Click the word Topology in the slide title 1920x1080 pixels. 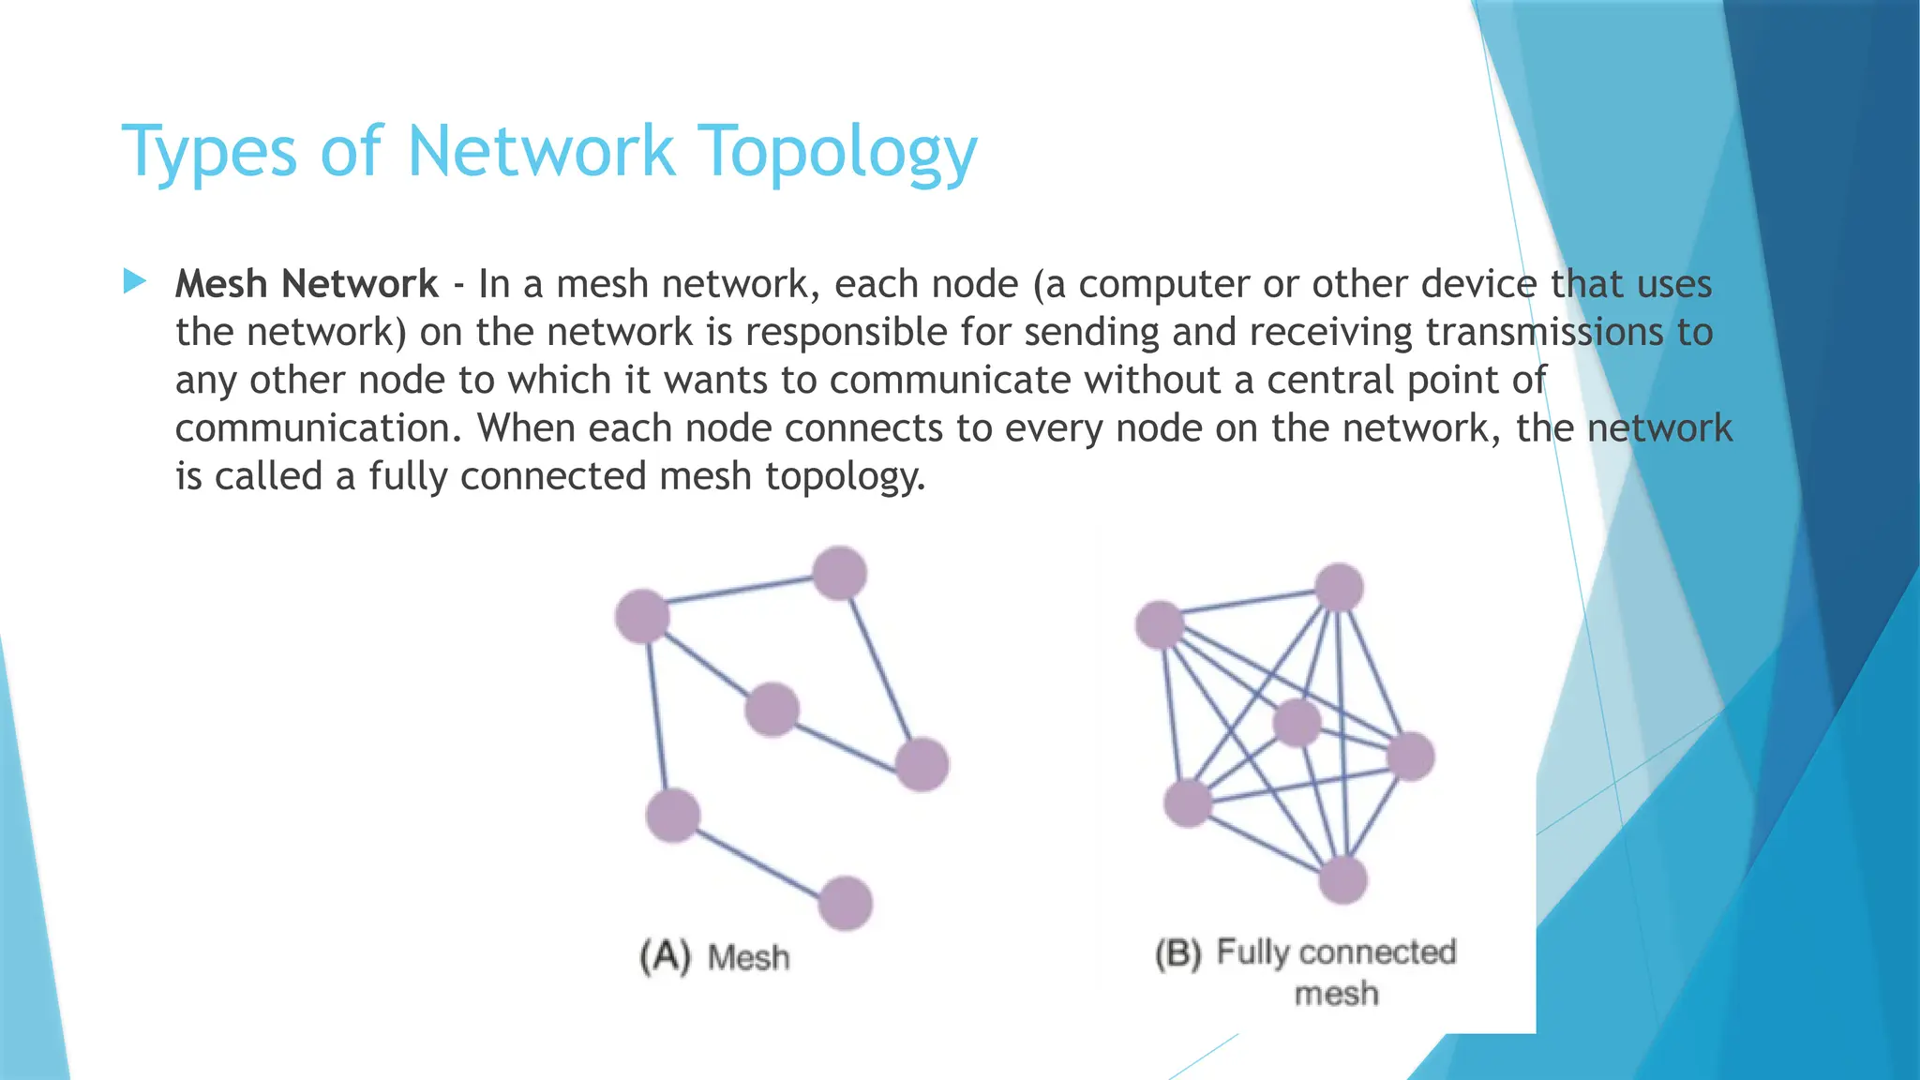(838, 152)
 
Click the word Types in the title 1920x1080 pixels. (209, 152)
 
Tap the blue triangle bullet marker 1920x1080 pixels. (135, 281)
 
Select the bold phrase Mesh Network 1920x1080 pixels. (307, 284)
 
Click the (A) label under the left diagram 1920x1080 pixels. (665, 956)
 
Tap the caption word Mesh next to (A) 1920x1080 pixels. (748, 958)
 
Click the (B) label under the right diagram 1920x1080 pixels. (1177, 953)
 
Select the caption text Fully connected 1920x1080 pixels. (1336, 952)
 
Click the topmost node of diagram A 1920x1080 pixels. (838, 573)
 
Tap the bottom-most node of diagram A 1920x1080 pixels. (846, 903)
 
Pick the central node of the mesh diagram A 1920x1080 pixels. (772, 709)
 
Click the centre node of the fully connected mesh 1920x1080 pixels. (1297, 723)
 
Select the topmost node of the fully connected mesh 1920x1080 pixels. (1339, 588)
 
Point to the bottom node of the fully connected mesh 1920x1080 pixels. (1343, 879)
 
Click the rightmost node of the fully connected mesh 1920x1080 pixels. (1410, 757)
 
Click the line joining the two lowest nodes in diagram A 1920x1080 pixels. (759, 860)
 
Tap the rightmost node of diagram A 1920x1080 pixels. (922, 764)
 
